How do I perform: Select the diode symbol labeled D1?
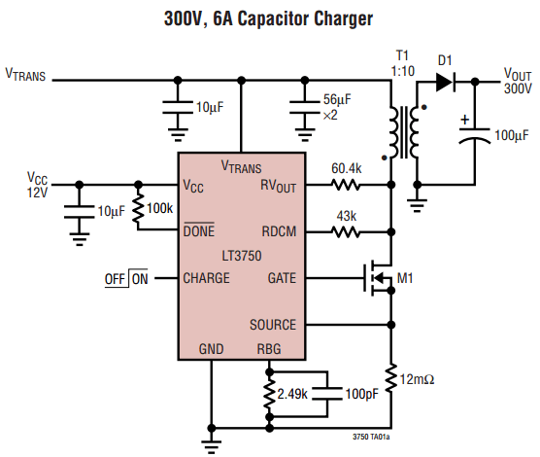445,81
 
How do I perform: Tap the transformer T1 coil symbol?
406,131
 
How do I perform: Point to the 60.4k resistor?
347,184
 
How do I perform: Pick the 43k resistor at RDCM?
347,231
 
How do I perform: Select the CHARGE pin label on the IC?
207,278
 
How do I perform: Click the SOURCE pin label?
272,325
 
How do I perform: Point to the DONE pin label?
200,231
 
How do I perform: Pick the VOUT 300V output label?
517,81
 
